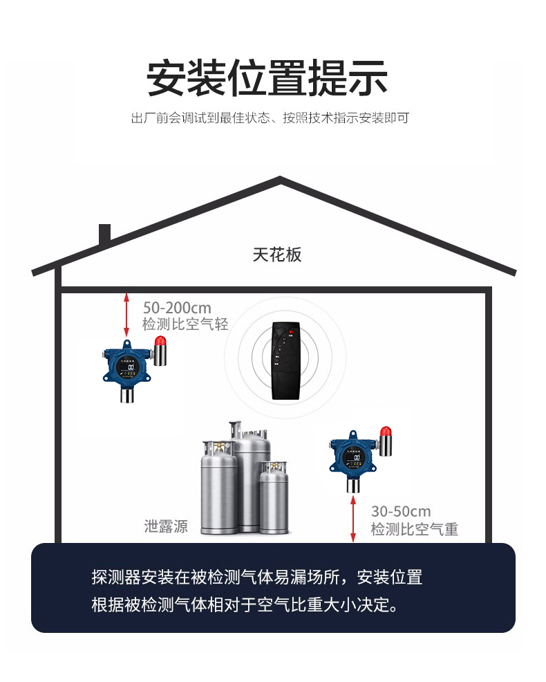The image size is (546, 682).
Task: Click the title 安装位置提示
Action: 267,78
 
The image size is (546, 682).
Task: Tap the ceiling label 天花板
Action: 277,255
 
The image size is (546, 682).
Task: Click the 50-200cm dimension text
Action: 177,308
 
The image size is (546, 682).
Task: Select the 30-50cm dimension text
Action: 401,511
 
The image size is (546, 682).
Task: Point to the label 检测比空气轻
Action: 185,324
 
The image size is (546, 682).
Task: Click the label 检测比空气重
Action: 414,529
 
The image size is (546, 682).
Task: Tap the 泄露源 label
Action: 166,526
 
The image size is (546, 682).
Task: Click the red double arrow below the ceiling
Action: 126,315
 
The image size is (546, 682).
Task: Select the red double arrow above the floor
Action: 353,519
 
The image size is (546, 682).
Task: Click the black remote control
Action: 285,360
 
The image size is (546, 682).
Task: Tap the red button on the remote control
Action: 290,333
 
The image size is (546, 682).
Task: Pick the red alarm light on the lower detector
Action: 386,432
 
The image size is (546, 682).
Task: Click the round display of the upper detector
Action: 127,366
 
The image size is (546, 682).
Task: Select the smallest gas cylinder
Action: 274,497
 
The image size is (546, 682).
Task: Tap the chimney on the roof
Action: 105,234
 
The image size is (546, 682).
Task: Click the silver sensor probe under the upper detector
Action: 127,396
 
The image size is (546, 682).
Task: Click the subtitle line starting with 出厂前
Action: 270,118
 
